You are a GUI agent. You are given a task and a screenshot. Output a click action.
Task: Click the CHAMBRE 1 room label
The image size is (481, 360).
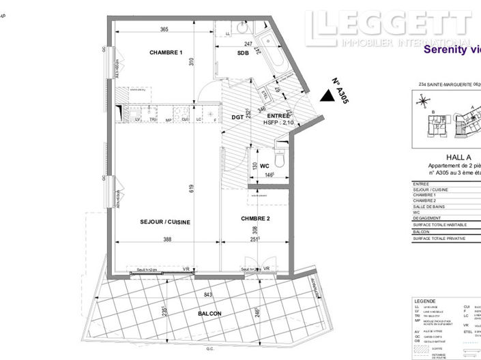tap(166, 52)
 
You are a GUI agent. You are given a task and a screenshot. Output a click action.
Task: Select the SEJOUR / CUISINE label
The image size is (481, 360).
tap(165, 222)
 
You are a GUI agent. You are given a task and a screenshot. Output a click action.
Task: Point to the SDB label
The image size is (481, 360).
tap(243, 53)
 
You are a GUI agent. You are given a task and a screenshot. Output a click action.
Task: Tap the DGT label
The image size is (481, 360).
tap(237, 116)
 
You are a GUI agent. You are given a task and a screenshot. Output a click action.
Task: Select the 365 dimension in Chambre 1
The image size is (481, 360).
tap(164, 29)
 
